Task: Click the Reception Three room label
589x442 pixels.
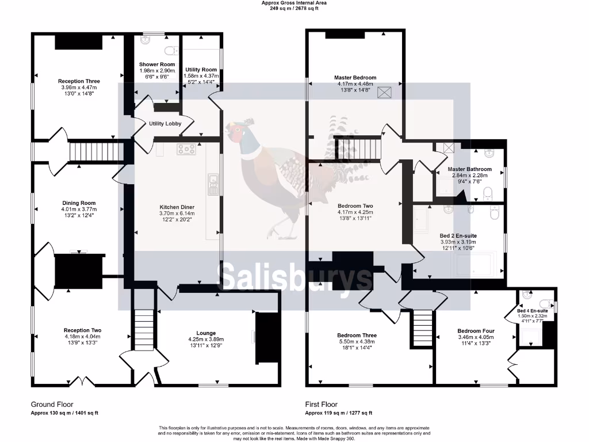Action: [x=79, y=81]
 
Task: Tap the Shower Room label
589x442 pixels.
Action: [x=156, y=64]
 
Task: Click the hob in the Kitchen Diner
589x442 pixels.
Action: [x=186, y=149]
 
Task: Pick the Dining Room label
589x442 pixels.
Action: [x=79, y=203]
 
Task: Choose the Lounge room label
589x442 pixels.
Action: [x=206, y=333]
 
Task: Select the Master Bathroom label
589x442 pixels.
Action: [x=469, y=169]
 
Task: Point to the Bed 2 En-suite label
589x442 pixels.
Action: [x=458, y=236]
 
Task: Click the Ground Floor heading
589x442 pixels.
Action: [x=52, y=405]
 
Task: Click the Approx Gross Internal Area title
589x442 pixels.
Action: [x=294, y=3]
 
